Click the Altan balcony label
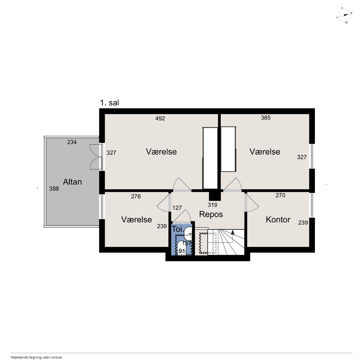72,182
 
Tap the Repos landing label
211,214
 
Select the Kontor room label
278,220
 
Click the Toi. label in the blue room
177,229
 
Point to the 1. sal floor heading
109,103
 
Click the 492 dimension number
160,118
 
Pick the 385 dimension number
266,118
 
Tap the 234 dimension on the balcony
72,142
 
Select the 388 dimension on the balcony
54,189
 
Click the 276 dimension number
136,197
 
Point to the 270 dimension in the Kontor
280,195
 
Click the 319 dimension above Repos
212,205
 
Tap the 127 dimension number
177,208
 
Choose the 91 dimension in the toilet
182,251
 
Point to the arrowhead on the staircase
233,232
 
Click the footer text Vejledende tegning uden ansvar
36,357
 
